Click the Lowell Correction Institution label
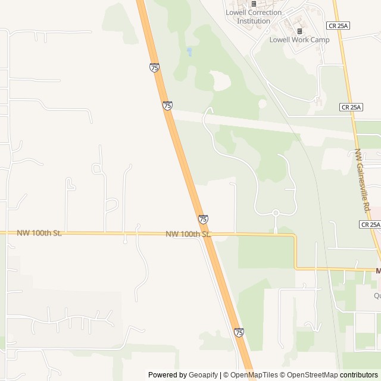tap(254, 17)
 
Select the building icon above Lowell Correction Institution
tap(253, 4)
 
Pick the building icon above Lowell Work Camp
tap(299, 31)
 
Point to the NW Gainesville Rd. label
tap(363, 182)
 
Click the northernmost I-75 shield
tap(155, 68)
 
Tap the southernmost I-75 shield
tap(239, 332)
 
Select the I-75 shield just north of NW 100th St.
tap(204, 220)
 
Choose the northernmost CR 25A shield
tap(337, 26)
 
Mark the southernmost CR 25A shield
tap(370, 224)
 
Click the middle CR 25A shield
tap(351, 107)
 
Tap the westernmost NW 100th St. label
tap(39, 233)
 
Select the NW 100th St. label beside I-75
tap(188, 235)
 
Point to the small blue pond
tap(189, 52)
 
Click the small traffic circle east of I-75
tap(276, 213)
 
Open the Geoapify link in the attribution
tap(203, 375)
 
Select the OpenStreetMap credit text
tap(312, 375)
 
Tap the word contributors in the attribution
tap(359, 375)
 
